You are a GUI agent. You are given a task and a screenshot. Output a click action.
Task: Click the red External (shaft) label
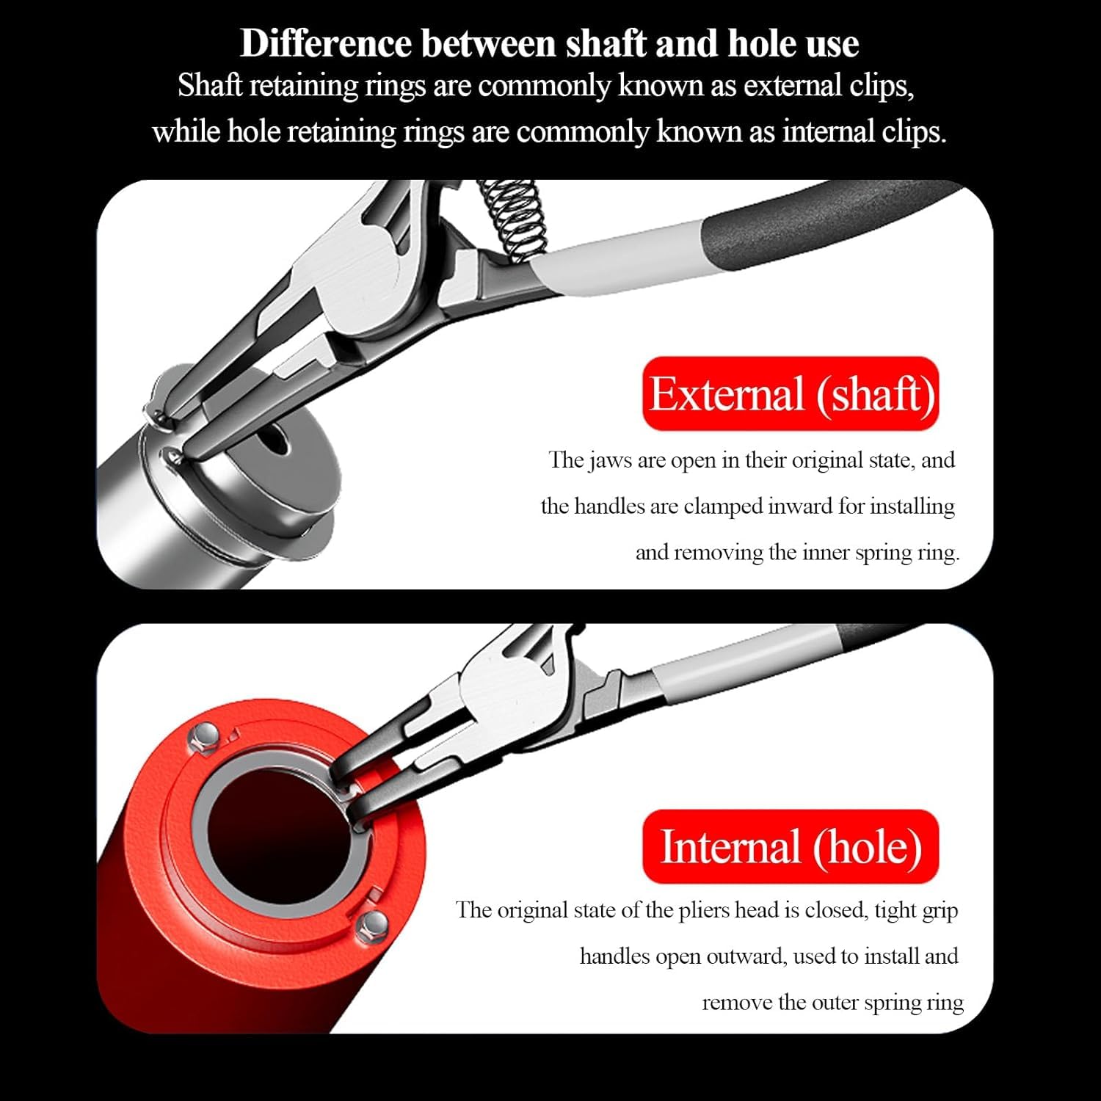(x=791, y=393)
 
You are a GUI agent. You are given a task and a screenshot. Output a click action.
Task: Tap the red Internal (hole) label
(x=791, y=846)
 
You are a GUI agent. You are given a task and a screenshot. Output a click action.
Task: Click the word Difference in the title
(x=326, y=44)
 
